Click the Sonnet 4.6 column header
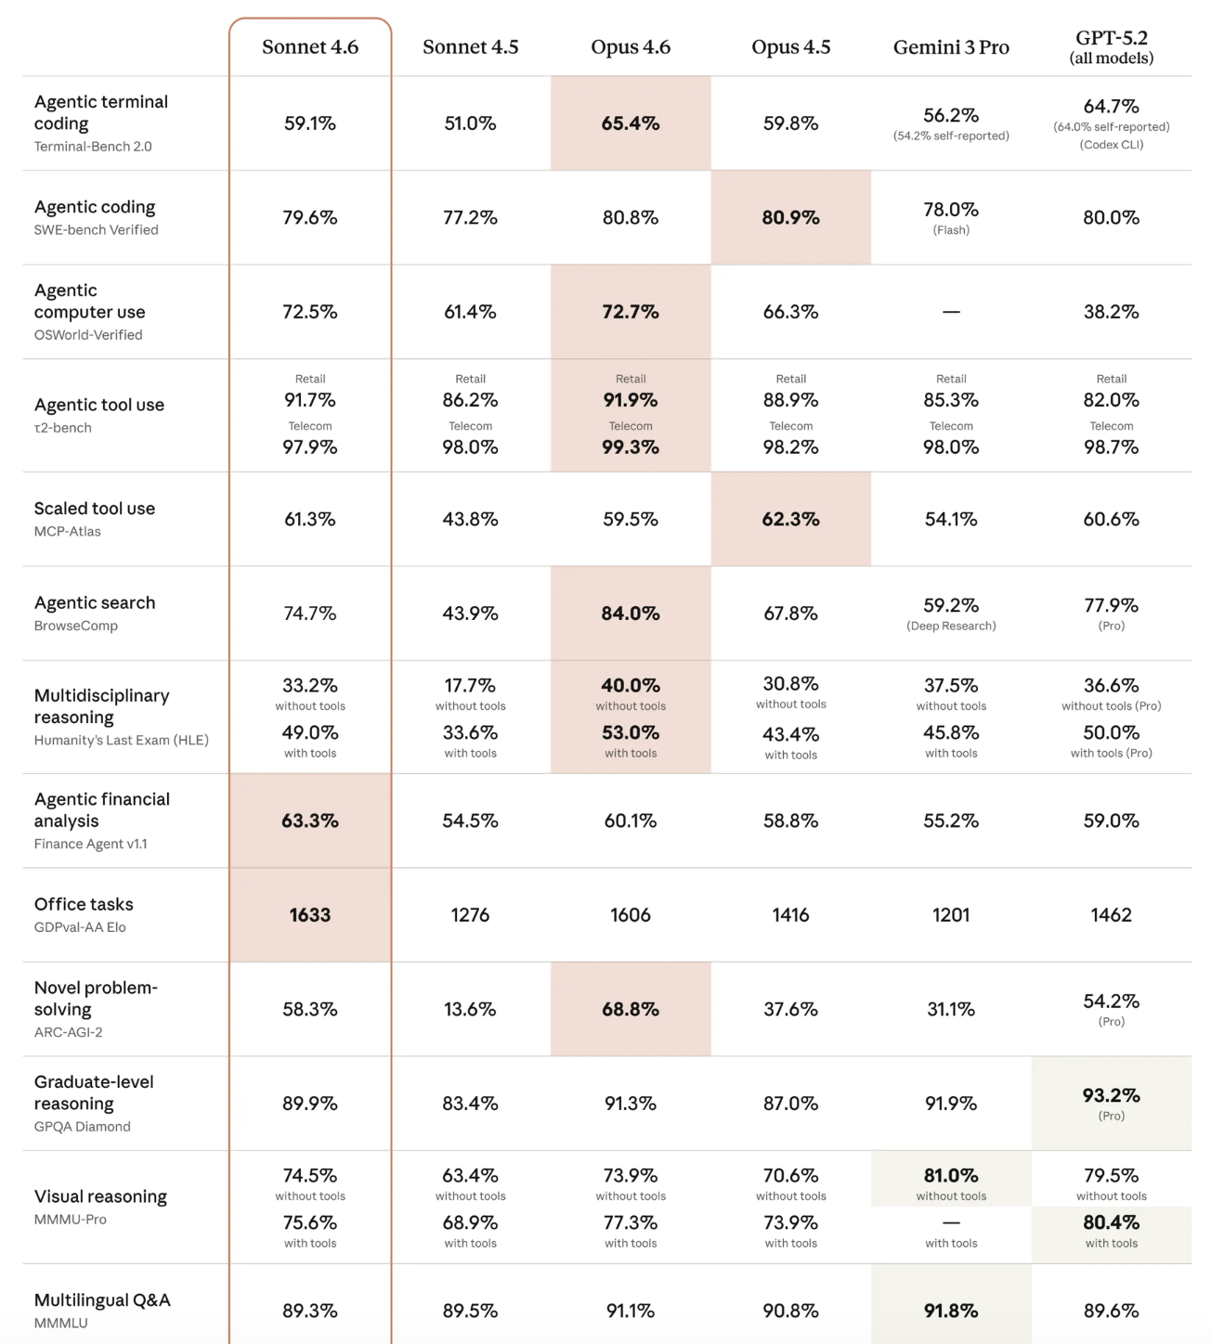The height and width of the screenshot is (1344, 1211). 310,47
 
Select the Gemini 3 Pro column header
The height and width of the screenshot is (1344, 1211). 951,47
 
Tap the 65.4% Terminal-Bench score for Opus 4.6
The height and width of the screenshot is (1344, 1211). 631,123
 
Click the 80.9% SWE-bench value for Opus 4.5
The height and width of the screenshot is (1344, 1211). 790,218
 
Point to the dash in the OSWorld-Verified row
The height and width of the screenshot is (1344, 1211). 951,312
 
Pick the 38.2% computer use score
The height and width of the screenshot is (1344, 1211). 1111,312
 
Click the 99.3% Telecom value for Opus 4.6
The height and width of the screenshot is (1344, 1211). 631,447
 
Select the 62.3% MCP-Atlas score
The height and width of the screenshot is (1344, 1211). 790,520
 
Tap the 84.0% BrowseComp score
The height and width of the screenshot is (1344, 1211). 631,614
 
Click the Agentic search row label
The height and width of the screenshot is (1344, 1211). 95,603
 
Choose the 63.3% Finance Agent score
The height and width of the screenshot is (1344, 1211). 310,821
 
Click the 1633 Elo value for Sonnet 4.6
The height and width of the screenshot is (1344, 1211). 310,915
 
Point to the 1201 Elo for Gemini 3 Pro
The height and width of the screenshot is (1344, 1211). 951,915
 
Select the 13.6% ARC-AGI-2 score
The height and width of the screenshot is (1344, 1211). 470,1010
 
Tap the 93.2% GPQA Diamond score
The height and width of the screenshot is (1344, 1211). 1111,1095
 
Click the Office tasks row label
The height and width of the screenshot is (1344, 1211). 84,905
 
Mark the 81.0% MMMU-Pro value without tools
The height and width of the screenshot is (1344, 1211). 951,1176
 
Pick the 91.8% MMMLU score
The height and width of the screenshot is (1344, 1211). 951,1312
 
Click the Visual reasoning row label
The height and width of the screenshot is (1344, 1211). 100,1197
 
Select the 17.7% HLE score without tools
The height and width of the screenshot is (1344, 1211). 470,686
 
